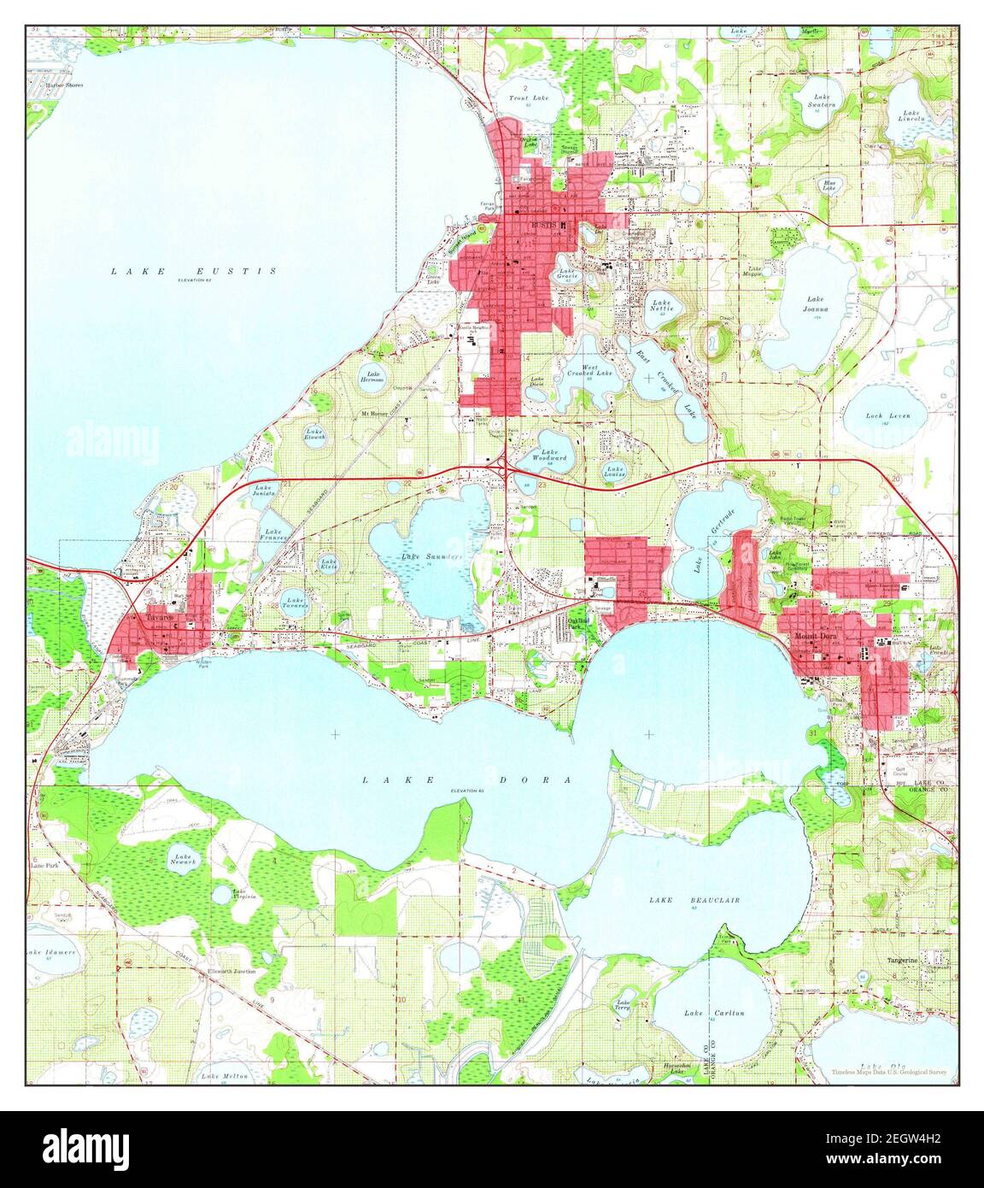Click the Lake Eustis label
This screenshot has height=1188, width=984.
point(193,271)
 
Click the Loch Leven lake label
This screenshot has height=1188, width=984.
point(883,415)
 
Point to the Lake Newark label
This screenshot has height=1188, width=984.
point(184,858)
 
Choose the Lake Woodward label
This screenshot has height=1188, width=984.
point(549,456)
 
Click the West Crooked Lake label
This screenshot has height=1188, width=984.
point(590,370)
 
